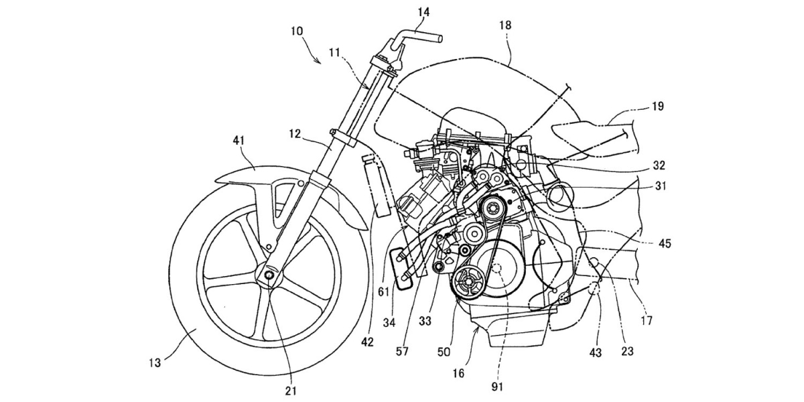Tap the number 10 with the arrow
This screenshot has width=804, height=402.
tap(296, 32)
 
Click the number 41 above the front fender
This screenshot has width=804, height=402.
tap(239, 140)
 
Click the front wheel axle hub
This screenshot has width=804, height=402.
tap(269, 275)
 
